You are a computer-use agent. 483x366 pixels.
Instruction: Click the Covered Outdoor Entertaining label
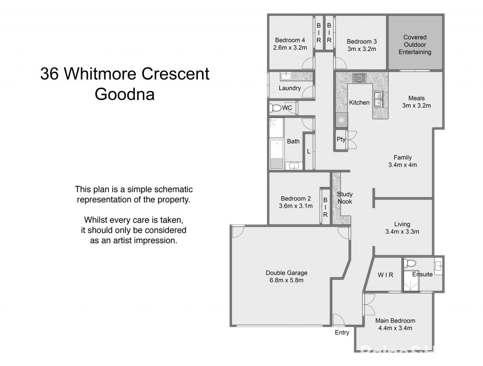(x=415, y=44)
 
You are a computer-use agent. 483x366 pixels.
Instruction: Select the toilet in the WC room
(x=275, y=108)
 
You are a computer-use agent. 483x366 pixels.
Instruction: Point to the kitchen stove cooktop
(x=360, y=78)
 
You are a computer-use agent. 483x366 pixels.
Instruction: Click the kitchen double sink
(x=378, y=100)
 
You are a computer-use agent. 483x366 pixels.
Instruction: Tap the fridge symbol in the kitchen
(x=341, y=120)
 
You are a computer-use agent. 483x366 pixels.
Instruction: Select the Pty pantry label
(x=341, y=140)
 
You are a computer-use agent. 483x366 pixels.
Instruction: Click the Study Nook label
(x=345, y=198)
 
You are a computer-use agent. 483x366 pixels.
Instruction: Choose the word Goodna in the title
(x=125, y=94)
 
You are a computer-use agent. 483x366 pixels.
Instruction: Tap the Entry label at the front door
(x=342, y=333)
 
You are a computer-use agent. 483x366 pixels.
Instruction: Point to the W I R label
(x=385, y=275)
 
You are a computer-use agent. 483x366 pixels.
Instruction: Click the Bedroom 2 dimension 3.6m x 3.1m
(x=296, y=206)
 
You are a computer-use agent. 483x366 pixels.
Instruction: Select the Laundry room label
(x=290, y=88)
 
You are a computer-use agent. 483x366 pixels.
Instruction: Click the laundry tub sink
(x=286, y=77)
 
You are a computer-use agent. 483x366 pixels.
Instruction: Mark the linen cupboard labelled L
(x=308, y=152)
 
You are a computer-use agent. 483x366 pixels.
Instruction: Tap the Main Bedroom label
(x=395, y=321)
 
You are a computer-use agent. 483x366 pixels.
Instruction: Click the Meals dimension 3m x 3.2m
(x=416, y=106)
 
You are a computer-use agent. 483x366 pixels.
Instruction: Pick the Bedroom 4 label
(x=290, y=41)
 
